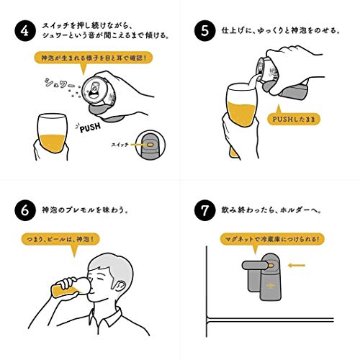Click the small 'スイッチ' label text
pos(120,145)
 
